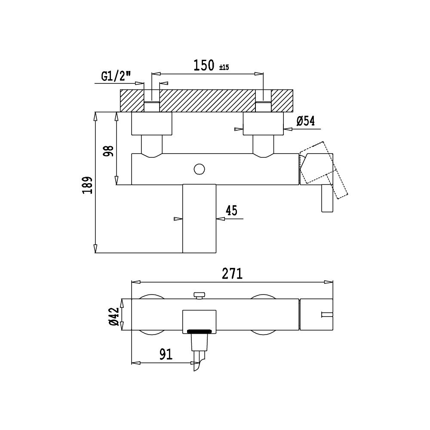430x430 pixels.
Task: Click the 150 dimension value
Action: click(x=204, y=65)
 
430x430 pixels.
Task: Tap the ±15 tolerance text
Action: click(x=224, y=67)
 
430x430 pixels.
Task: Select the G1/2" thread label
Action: click(x=116, y=76)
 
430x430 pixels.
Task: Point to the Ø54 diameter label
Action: click(x=305, y=121)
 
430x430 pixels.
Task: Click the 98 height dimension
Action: click(x=109, y=151)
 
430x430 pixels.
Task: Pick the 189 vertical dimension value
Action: click(x=87, y=186)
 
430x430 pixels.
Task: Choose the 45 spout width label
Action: click(x=231, y=210)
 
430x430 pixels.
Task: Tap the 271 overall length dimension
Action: click(x=232, y=273)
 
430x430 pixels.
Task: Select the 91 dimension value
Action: click(x=166, y=354)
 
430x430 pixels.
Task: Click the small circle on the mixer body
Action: click(x=199, y=169)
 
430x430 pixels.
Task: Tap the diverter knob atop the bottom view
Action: click(x=199, y=296)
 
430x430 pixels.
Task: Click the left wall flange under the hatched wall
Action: click(x=152, y=123)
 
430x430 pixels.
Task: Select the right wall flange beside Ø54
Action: click(x=263, y=123)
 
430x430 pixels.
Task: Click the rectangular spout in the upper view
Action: click(x=199, y=218)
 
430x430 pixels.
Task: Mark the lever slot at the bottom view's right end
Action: click(x=327, y=314)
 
